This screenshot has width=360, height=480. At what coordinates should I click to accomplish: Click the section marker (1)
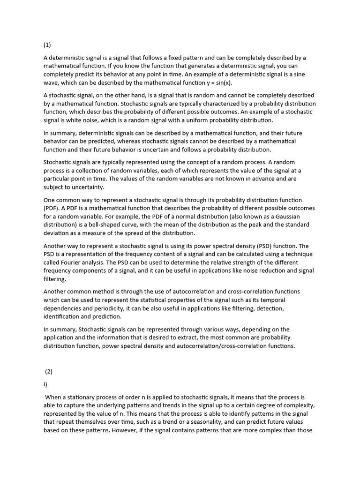coord(47,45)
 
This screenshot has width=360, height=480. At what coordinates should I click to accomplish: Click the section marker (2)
coord(49,371)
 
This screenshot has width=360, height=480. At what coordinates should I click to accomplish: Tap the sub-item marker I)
coord(45,384)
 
